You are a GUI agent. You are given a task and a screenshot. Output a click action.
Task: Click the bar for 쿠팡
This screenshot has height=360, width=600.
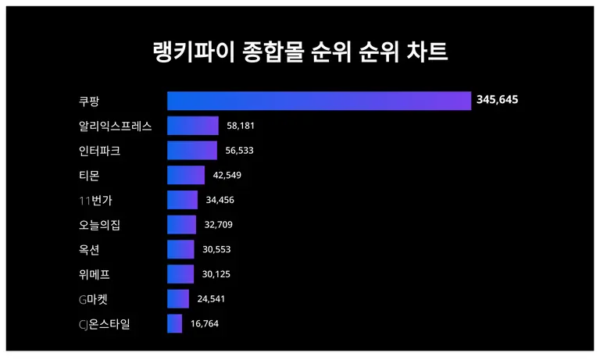[319, 101]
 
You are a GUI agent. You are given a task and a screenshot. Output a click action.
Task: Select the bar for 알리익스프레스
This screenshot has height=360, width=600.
[193, 126]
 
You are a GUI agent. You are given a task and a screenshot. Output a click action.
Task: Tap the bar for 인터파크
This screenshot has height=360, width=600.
[192, 151]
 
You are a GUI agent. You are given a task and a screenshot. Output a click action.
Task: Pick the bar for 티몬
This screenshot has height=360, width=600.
[186, 175]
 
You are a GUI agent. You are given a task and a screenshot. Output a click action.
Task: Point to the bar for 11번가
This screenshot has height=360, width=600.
[183, 200]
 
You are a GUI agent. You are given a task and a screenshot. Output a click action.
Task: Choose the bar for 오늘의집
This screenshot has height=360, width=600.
[182, 225]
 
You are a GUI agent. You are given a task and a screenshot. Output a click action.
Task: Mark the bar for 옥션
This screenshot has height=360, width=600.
[181, 249]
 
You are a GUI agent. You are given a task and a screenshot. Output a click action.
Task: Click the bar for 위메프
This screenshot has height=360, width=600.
[180, 274]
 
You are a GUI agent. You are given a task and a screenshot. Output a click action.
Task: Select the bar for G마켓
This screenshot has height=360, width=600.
[178, 299]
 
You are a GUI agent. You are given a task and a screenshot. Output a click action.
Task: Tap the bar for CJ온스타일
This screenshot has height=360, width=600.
[175, 323]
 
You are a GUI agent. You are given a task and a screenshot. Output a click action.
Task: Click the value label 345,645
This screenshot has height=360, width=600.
[498, 100]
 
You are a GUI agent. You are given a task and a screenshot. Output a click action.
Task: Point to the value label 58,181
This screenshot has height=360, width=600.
[241, 126]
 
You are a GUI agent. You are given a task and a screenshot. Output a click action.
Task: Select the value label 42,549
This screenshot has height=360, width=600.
[227, 175]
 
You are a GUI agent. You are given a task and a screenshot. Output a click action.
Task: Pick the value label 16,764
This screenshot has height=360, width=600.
[205, 323]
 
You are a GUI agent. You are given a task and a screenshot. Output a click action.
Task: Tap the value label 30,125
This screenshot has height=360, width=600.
[216, 274]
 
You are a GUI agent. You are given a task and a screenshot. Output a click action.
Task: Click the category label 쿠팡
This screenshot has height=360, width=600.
[89, 101]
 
